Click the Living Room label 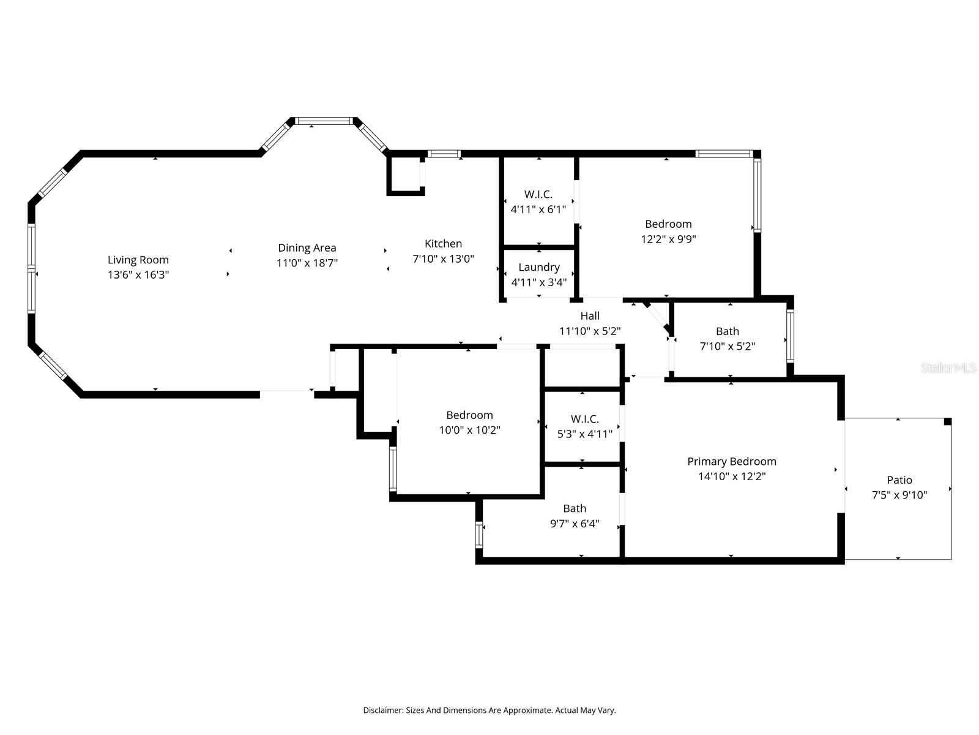tap(138, 260)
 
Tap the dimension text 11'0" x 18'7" tap(307, 263)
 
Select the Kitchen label tap(443, 243)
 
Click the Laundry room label tap(538, 267)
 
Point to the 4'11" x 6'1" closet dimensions tap(538, 209)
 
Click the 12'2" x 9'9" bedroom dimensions tap(668, 239)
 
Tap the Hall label tap(590, 315)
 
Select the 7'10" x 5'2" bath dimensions tap(727, 346)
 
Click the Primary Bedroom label tap(731, 461)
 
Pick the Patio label tap(899, 480)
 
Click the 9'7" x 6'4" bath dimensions tap(574, 524)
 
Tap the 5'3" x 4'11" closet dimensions tap(584, 434)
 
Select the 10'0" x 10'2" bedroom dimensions tap(469, 430)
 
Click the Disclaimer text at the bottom tap(489, 710)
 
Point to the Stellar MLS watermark tap(948, 367)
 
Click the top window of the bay tap(324, 121)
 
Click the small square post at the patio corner tap(947, 421)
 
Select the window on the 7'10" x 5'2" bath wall tap(790, 336)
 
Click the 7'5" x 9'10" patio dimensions tap(899, 495)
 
